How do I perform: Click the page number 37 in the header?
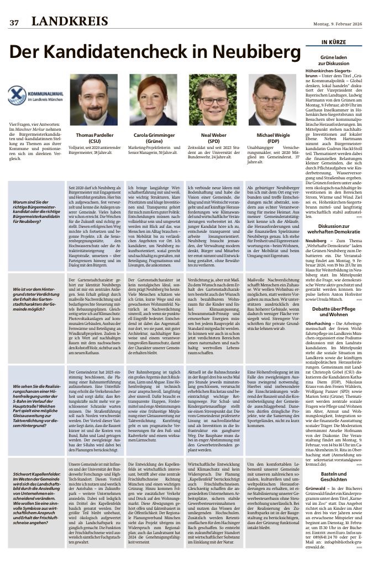coord(14,22)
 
